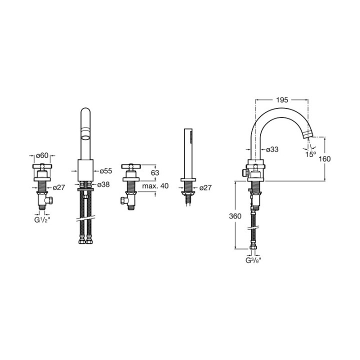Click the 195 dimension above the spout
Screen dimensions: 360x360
click(x=282, y=100)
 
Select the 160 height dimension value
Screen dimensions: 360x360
click(x=324, y=159)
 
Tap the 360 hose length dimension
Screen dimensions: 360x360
click(x=235, y=216)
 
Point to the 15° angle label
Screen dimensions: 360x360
click(x=310, y=154)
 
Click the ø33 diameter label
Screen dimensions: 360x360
click(x=272, y=149)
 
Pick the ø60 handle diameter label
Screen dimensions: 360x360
click(x=42, y=155)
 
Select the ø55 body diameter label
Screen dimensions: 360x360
click(x=106, y=171)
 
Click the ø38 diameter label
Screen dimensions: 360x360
click(x=103, y=184)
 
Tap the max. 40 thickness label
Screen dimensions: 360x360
click(x=155, y=185)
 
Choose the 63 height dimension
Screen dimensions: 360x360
click(x=155, y=172)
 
